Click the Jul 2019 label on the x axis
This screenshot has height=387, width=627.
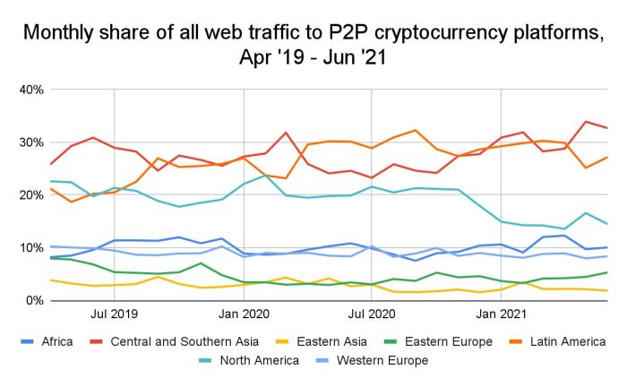tap(114, 315)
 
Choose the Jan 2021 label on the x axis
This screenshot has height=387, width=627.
tap(500, 315)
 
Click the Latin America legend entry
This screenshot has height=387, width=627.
tap(560, 341)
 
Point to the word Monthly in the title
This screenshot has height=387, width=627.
tap(61, 35)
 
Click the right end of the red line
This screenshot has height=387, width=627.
tap(607, 128)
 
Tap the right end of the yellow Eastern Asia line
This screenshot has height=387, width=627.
tap(607, 290)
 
